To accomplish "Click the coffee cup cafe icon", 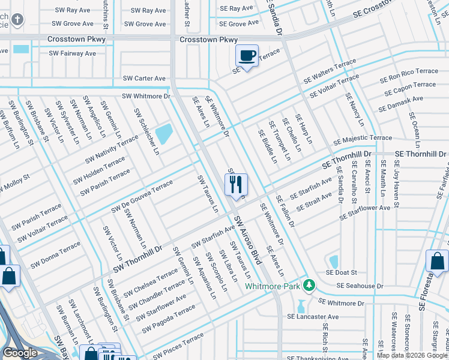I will [247, 56].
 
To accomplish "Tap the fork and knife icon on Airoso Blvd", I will [236, 184].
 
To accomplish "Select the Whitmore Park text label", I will [272, 286].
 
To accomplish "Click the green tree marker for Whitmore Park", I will [309, 284].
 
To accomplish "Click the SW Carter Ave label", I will [144, 79].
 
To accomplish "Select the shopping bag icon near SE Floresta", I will [436, 261].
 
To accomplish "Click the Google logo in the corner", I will [20, 353].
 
